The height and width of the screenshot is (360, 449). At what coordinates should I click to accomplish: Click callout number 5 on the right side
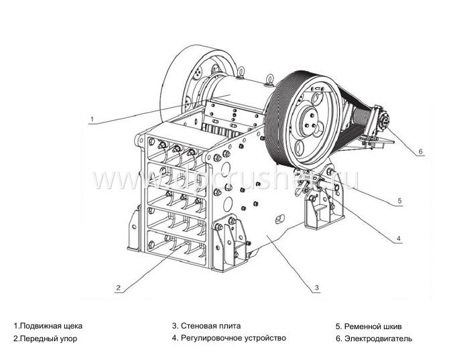click(399, 200)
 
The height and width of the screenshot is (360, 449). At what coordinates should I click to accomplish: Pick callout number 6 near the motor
click(421, 152)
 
